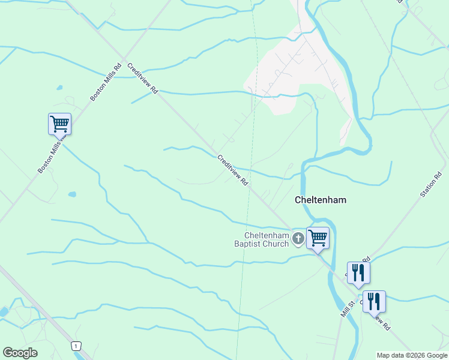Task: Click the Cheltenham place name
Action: pos(321,200)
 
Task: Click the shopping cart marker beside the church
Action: pos(318,238)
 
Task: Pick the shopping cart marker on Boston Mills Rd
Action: pos(59,124)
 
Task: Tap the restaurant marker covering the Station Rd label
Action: pos(358,272)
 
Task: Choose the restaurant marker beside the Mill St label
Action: pos(373,301)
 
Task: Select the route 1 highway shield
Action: pos(76,346)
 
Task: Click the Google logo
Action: pos(20,353)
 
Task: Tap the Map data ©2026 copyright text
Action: pos(412,355)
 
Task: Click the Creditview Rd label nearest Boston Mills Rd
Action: pos(143,79)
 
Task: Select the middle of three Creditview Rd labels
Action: pos(233,170)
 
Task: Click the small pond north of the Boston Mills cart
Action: pos(59,88)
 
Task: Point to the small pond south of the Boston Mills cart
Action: pos(72,194)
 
